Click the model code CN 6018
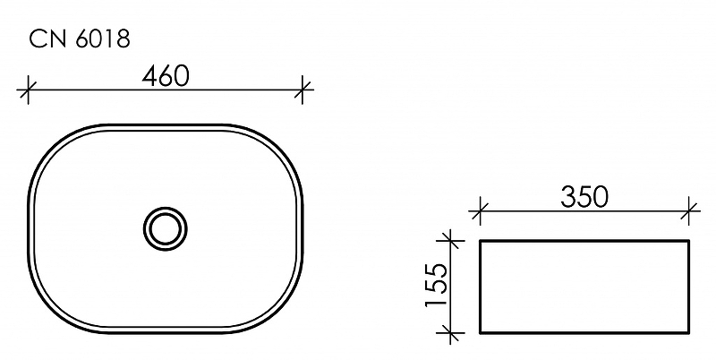click(80, 39)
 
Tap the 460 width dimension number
click(165, 76)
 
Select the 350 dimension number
click(584, 197)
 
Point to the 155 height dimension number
click(435, 285)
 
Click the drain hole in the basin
click(166, 229)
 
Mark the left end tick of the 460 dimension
click(28, 90)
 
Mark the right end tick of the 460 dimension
click(303, 90)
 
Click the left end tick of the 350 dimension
click(480, 211)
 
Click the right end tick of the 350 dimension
click(689, 211)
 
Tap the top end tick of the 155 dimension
click(450, 240)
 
